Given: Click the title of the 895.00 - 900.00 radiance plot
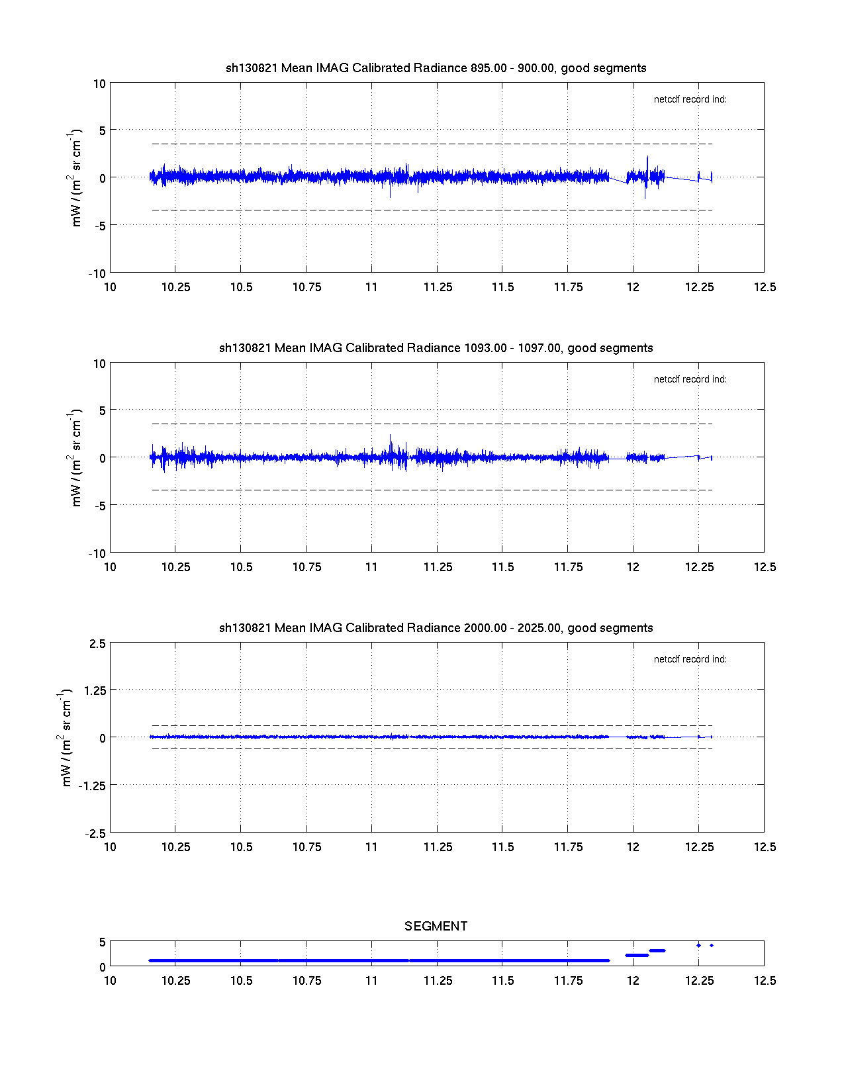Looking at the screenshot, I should pos(436,68).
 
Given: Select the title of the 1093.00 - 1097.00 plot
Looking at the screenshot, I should pos(436,348).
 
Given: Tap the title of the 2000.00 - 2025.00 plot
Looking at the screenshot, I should pos(436,628).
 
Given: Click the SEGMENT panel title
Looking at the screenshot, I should pos(436,927).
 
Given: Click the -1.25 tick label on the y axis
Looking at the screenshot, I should pos(93,786).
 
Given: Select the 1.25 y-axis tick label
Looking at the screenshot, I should pos(95,690).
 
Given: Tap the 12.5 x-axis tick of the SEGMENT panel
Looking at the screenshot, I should pos(765,981).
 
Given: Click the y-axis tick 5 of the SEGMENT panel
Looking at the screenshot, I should pos(102,942).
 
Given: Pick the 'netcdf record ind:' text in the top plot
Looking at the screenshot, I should pos(690,100).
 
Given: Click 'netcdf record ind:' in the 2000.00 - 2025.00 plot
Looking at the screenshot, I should pos(690,660).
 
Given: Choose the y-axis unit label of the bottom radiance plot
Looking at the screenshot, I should pos(66,737).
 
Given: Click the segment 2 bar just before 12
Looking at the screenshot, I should pos(637,955).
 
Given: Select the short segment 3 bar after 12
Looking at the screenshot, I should pos(657,950).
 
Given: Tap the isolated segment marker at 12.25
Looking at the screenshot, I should pos(698,945).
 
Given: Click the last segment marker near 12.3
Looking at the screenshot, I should pos(712,945).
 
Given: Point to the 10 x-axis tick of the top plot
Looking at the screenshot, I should pos(110,287).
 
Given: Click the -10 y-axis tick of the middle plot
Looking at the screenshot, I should pos(97,553).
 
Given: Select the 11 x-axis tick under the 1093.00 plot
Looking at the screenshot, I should pos(371,567).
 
